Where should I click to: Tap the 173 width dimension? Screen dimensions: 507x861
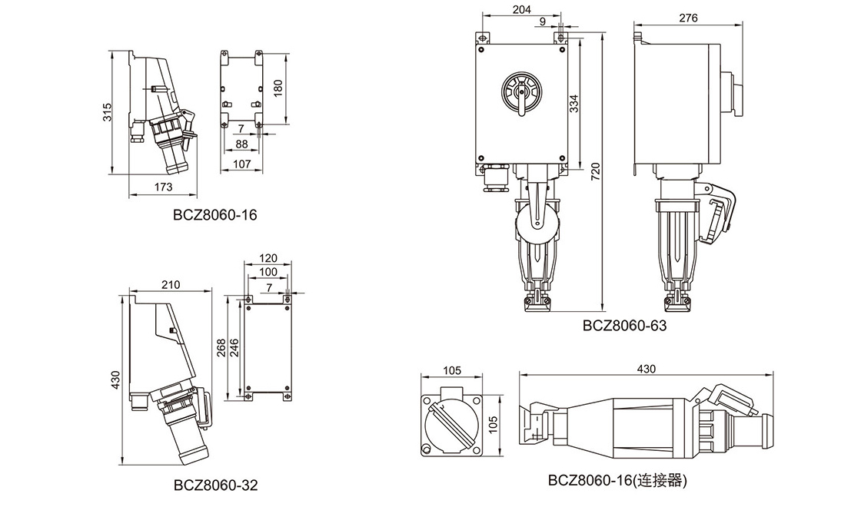pyautogui.click(x=162, y=187)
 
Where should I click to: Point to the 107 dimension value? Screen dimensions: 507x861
pyautogui.click(x=242, y=164)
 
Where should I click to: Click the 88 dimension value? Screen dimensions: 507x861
pyautogui.click(x=241, y=144)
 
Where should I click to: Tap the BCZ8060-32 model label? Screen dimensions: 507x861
pyautogui.click(x=215, y=485)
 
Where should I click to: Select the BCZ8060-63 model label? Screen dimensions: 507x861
pyautogui.click(x=624, y=325)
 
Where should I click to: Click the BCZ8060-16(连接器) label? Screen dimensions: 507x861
pyautogui.click(x=617, y=481)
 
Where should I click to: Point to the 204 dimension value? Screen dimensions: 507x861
pyautogui.click(x=521, y=10)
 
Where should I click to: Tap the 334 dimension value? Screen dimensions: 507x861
pyautogui.click(x=574, y=102)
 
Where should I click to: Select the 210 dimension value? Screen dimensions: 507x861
pyautogui.click(x=170, y=284)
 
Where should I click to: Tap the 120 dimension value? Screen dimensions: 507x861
pyautogui.click(x=268, y=257)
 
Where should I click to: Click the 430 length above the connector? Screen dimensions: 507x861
pyautogui.click(x=647, y=369)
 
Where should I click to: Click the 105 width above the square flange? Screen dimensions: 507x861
pyautogui.click(x=452, y=369)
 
